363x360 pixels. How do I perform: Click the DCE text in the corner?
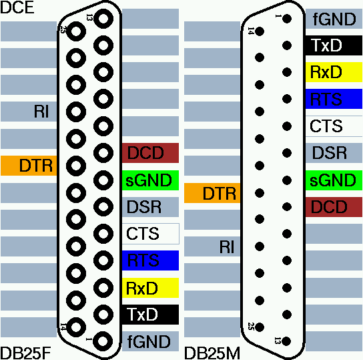coord(17,7)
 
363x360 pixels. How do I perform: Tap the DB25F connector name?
coord(25,353)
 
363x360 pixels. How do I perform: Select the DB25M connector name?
coord(212,353)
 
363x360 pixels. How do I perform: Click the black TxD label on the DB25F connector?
coord(151,315)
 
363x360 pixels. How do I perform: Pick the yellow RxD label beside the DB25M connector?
coord(334,72)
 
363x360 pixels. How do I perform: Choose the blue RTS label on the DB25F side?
coord(151,260)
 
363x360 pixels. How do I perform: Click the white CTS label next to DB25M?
coord(334,126)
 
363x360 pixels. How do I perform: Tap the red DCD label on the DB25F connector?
coord(151,153)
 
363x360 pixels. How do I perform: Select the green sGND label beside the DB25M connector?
coord(334,180)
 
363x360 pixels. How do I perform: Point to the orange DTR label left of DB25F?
coord(29,166)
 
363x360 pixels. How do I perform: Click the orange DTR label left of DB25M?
coord(212,193)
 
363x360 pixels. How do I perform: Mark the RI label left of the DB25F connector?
coord(41,112)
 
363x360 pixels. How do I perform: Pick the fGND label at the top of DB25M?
coord(334,19)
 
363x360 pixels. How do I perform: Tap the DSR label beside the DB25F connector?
coord(144,207)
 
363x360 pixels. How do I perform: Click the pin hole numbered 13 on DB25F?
coord(103,19)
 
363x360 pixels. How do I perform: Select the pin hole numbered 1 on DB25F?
coord(103,341)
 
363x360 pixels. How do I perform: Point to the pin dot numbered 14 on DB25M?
coord(260,31)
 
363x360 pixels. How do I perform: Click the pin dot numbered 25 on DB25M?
coord(260,327)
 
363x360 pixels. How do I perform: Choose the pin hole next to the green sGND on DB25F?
coord(103,180)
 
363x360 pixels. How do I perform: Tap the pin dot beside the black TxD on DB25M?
coord(287,45)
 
